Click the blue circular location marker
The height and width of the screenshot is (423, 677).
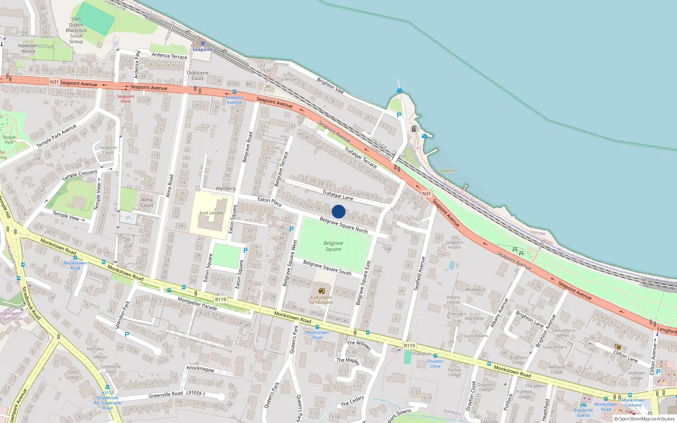point(338,211)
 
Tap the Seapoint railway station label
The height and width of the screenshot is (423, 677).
point(203,49)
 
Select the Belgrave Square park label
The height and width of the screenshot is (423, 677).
point(333,246)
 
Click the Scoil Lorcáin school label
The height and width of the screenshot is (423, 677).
point(211,213)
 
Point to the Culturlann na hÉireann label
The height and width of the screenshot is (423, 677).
point(321,299)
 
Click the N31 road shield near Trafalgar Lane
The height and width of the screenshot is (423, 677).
point(427,194)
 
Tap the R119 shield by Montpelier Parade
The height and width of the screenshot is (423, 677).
point(220,299)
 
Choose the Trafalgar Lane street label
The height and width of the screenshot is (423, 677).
point(338,195)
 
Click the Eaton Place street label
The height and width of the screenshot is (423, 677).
point(270,202)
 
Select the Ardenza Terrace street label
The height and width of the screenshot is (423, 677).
point(169,56)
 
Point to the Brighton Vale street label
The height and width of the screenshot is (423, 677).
point(330,85)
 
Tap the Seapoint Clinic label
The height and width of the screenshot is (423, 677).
point(126,99)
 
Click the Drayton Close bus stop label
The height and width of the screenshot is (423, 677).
point(435,364)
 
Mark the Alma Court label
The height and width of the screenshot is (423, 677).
point(147,203)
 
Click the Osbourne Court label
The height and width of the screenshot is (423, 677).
point(198,76)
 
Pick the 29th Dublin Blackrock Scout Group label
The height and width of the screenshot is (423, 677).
point(76,30)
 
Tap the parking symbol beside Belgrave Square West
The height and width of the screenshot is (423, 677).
point(292,229)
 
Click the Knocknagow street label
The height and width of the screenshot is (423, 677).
point(201,369)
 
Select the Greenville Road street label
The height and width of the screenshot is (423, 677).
point(166,395)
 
